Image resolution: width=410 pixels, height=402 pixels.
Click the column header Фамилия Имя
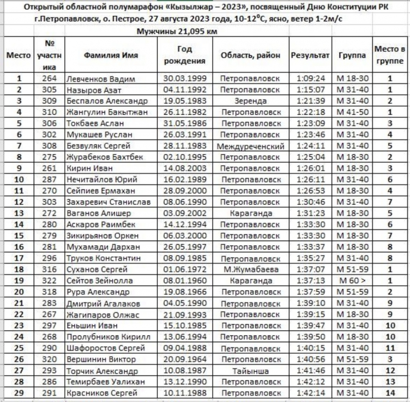(111, 55)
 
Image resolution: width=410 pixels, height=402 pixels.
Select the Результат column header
(310, 55)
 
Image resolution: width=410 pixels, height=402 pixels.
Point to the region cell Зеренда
(251, 101)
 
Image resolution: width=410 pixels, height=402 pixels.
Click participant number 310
(49, 112)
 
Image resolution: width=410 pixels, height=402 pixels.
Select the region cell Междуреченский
(251, 145)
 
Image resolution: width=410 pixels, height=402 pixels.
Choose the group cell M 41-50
(353, 112)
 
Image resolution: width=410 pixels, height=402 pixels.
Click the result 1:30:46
(311, 202)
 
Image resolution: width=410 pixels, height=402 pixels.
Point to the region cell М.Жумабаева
(251, 269)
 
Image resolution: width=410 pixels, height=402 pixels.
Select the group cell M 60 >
(353, 280)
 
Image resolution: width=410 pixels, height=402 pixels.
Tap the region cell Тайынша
(251, 371)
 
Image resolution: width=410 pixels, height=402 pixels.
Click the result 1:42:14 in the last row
(311, 393)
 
